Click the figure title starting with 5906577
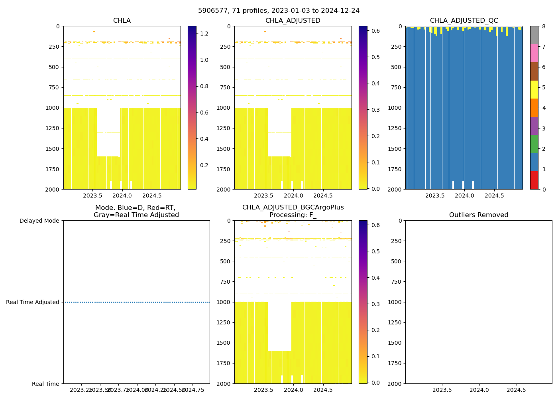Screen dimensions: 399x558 (279, 11)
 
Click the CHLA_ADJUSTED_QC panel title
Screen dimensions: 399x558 (464, 21)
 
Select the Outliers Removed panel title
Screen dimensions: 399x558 (478, 215)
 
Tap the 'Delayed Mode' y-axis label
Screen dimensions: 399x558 (39, 221)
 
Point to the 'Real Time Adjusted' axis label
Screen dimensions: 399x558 (33, 302)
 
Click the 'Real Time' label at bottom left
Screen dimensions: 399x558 (45, 384)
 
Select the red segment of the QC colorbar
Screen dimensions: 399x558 (534, 180)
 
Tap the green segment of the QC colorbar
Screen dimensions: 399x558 (534, 144)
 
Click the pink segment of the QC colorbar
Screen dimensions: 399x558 (534, 53)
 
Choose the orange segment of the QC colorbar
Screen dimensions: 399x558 (534, 108)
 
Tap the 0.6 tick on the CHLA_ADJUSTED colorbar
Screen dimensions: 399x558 (375, 31)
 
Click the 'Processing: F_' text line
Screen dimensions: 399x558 (293, 215)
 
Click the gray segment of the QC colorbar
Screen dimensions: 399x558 (534, 35)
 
